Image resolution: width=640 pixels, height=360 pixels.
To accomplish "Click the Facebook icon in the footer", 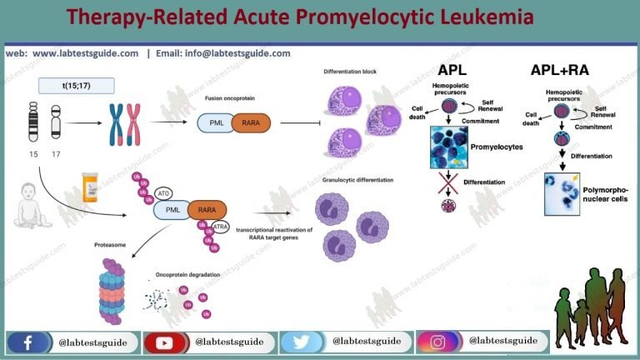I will pos(27,342).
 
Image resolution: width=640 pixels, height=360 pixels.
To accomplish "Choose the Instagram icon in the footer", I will pos(437,342).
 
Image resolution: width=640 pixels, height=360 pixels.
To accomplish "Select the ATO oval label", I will pos(163,193).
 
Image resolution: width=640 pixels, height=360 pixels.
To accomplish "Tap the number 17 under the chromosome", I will pos(57,156).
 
